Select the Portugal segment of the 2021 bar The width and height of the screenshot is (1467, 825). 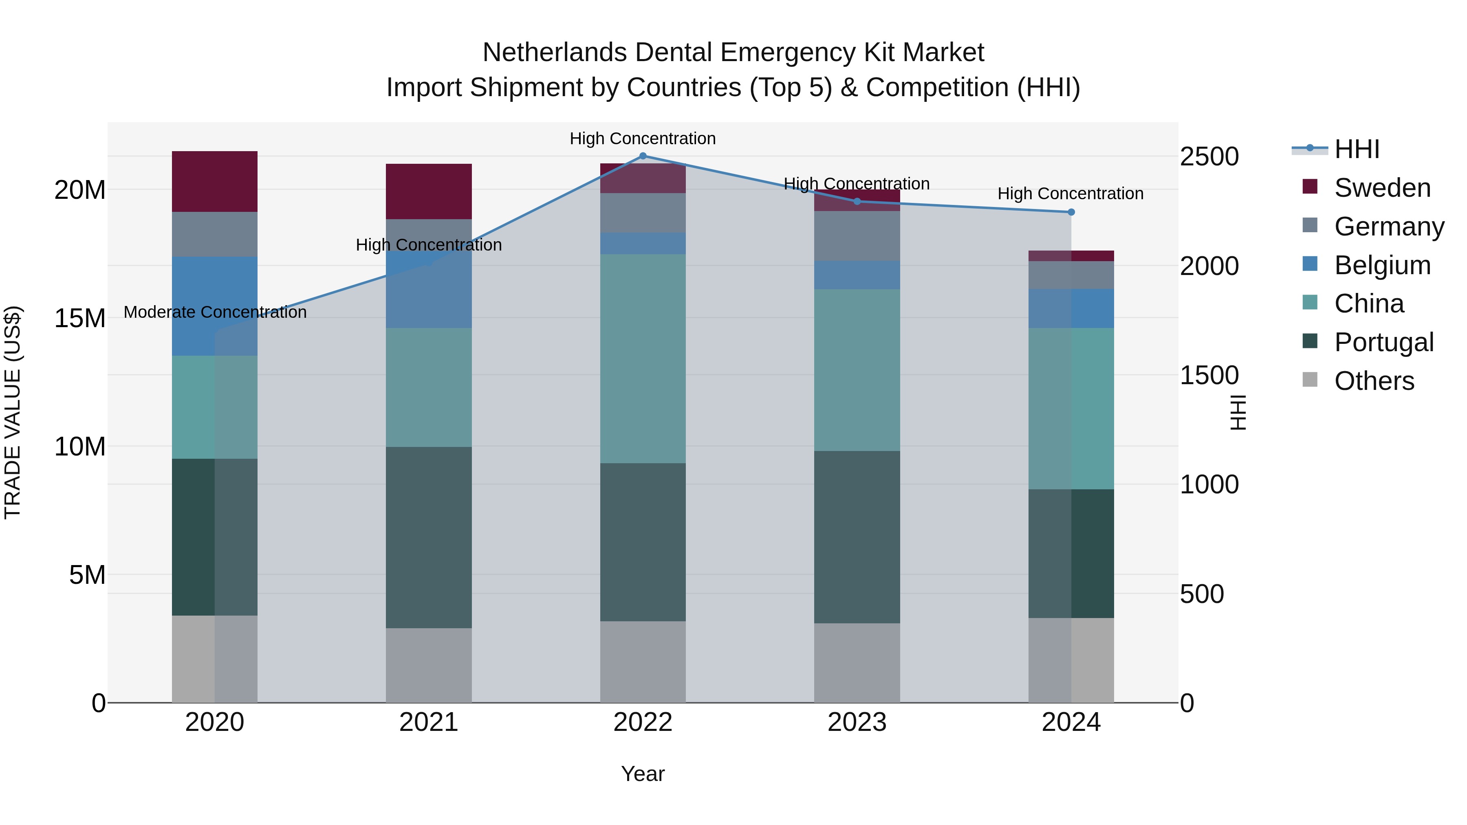tap(429, 537)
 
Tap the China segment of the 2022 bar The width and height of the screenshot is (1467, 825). tap(643, 358)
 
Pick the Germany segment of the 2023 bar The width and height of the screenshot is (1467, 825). tap(857, 236)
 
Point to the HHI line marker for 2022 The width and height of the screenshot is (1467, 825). tap(643, 156)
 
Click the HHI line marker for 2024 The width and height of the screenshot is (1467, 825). tap(1071, 212)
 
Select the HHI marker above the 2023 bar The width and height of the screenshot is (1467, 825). tap(857, 201)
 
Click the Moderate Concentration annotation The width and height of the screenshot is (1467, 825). tap(215, 312)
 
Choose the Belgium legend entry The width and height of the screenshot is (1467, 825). tap(1382, 265)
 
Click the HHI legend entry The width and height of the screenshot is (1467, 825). tap(1357, 149)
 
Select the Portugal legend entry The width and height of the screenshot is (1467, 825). tap(1383, 342)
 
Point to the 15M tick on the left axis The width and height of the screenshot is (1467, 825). tap(80, 318)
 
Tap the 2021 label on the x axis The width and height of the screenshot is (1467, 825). tap(429, 722)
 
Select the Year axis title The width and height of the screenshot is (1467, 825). tap(643, 774)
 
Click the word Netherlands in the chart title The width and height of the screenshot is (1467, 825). tap(554, 53)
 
